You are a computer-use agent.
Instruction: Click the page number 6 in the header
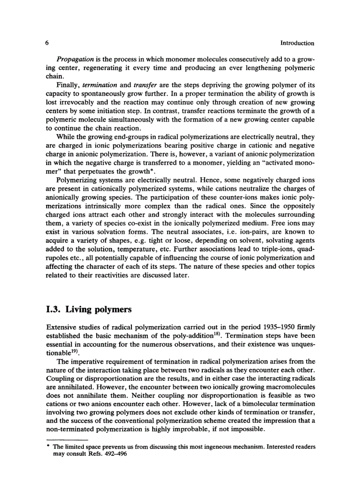pyautogui.click(x=46, y=43)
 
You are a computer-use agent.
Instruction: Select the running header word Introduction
pyautogui.click(x=297, y=43)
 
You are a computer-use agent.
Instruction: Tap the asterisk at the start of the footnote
pyautogui.click(x=47, y=447)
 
